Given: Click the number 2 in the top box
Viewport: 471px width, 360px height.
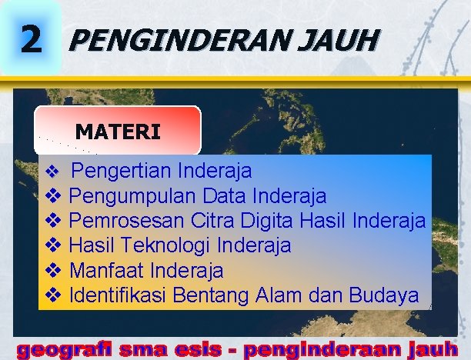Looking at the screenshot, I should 30,38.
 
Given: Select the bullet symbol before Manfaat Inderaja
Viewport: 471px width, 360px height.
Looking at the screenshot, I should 53,270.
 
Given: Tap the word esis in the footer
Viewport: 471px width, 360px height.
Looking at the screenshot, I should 199,350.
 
